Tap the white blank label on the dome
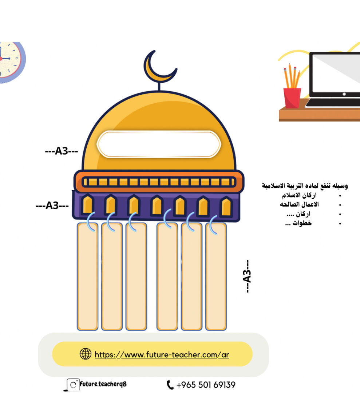tap(159, 144)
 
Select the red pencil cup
tap(292, 98)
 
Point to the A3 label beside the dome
tap(62, 151)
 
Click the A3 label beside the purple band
tap(52, 206)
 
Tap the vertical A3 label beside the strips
tap(247, 276)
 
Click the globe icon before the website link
tap(86, 354)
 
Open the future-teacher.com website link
tap(162, 355)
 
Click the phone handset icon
tap(170, 385)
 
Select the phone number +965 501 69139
tap(206, 385)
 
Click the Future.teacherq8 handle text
tap(103, 384)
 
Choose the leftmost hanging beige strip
tap(87, 277)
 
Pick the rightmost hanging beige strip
tap(216, 277)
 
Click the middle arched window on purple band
tap(157, 206)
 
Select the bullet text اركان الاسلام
tap(299, 195)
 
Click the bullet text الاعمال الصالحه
tap(299, 204)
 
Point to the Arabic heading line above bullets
tap(305, 186)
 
